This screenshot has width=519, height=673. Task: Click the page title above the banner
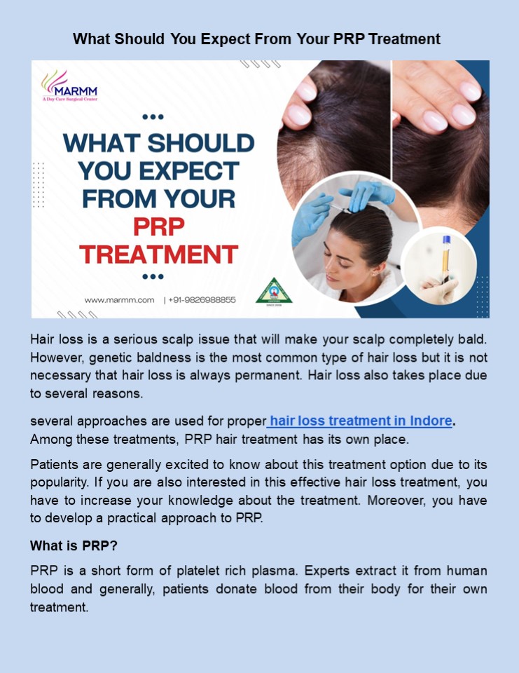[x=257, y=39]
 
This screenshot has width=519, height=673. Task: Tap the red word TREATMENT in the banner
[x=158, y=253]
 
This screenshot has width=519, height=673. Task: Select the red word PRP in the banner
[x=158, y=226]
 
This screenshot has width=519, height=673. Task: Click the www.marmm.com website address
[x=119, y=299]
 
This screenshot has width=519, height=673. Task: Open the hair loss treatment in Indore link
[x=361, y=421]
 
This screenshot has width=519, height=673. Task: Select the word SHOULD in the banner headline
[x=201, y=144]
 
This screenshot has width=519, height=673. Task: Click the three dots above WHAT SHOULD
[x=153, y=117]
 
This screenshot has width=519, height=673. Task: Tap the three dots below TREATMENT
[x=153, y=276]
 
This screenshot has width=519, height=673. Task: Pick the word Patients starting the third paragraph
[x=55, y=465]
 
